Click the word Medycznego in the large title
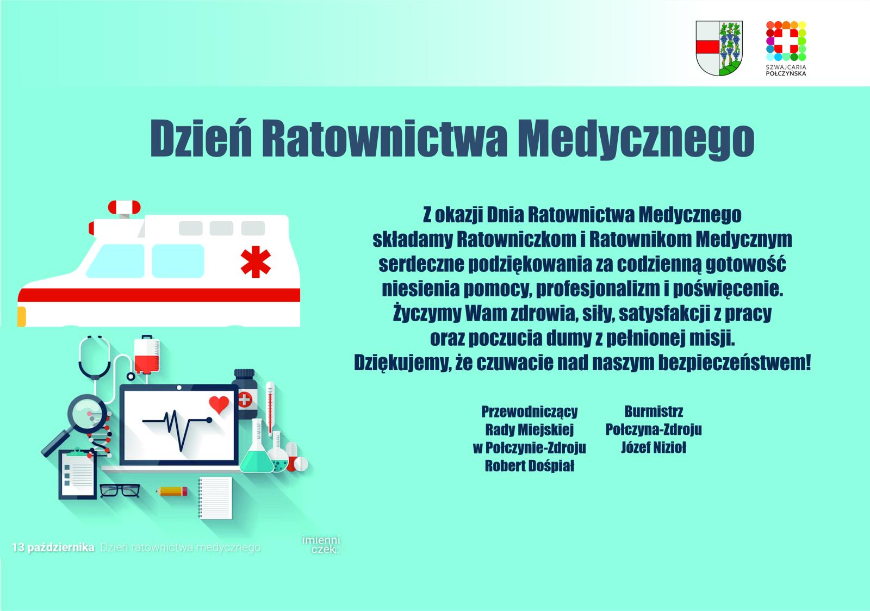tap(636, 139)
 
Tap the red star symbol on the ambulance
tap(256, 261)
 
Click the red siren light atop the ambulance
tap(125, 207)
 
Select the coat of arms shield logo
tap(719, 48)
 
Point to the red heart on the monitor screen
tap(219, 404)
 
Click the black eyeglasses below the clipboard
tap(120, 491)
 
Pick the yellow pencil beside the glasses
tap(172, 491)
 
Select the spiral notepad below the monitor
tap(215, 498)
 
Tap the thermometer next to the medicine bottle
tap(270, 409)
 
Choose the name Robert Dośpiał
tap(530, 466)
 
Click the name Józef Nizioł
tap(654, 447)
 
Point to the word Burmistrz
tap(654, 411)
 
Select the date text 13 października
tap(53, 547)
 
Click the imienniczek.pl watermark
tap(321, 545)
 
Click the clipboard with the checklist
tap(78, 473)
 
